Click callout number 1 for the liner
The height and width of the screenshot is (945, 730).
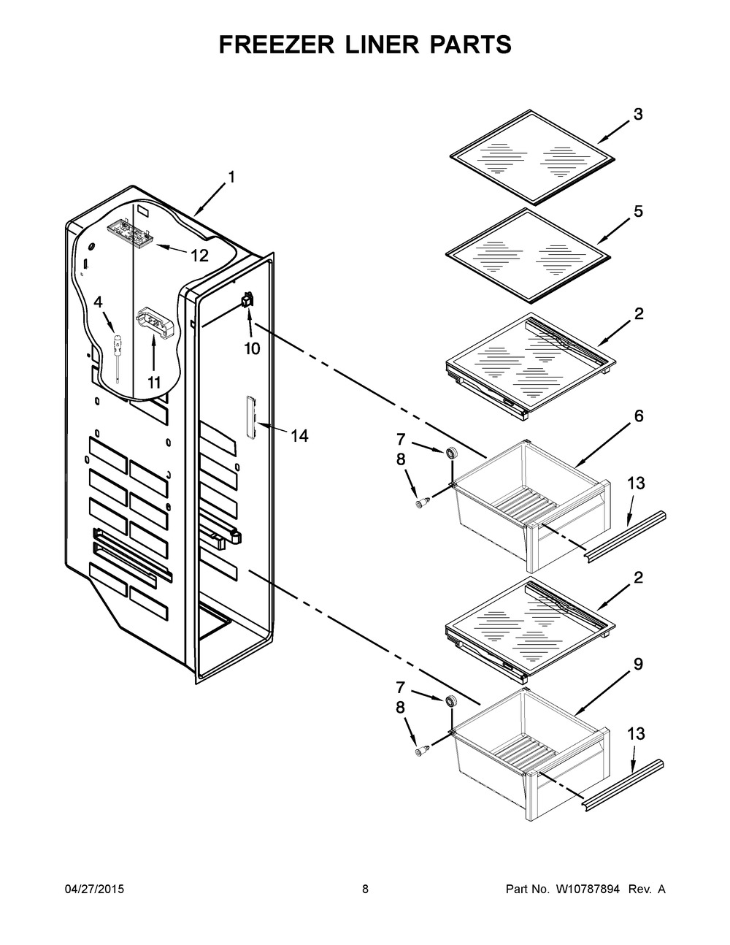tap(231, 177)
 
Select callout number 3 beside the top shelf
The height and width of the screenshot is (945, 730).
tap(638, 115)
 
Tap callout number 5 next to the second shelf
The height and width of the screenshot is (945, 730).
tap(638, 212)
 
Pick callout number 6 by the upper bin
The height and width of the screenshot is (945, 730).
tap(638, 416)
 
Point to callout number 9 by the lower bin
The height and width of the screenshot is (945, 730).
tap(638, 665)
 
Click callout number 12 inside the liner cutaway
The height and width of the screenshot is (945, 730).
tap(199, 256)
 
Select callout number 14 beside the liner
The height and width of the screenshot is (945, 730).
tap(299, 436)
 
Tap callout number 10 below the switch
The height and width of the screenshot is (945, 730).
tap(251, 348)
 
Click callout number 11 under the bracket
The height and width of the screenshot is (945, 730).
tap(154, 382)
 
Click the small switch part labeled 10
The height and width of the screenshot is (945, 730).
tap(247, 299)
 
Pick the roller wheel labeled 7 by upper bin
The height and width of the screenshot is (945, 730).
tap(452, 454)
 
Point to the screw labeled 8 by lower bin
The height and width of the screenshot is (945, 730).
tap(420, 750)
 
